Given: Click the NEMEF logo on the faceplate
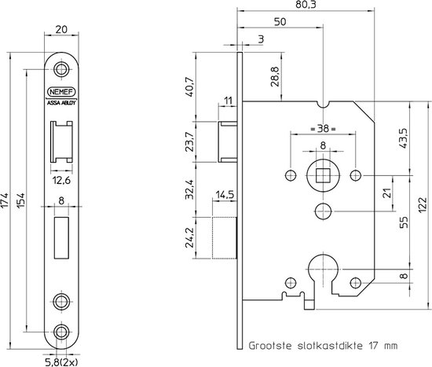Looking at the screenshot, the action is pos(61,92).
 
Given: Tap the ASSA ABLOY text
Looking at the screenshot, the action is pos(61,103).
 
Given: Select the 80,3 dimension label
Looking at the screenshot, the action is pos(306,5).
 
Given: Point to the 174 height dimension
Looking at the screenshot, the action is pos(5,201).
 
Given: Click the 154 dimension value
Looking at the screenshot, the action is pos(21,200).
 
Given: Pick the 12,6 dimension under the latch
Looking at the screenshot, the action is pos(61,181).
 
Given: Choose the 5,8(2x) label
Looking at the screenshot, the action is pos(61,361).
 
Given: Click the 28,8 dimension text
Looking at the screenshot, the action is pos(275,76).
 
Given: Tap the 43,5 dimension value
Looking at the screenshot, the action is pos(405,138).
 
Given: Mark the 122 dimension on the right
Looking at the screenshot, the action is pos(423,204).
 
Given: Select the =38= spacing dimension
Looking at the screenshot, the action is pos(323,129).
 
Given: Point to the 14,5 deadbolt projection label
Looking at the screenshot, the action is pos(225,195).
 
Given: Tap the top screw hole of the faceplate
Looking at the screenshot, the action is pos(61,69).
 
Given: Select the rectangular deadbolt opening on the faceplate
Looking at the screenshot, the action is pos(61,237).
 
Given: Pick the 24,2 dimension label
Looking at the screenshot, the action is pos(189,237).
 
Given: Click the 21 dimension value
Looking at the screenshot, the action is pos(388,193).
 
